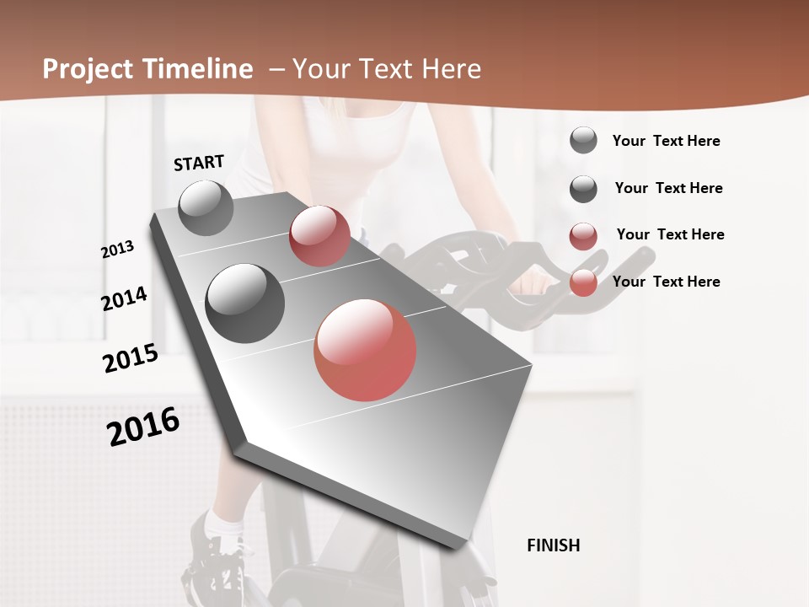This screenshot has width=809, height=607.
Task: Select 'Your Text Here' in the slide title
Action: pyautogui.click(x=386, y=69)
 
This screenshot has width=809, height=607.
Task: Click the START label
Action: pyautogui.click(x=199, y=163)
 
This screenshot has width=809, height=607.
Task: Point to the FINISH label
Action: pyautogui.click(x=553, y=545)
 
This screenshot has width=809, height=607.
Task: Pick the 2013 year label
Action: pyautogui.click(x=117, y=250)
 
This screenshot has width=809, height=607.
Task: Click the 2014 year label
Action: pyautogui.click(x=124, y=299)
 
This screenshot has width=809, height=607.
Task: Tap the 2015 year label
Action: pyautogui.click(x=130, y=358)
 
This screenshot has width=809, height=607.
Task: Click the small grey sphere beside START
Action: pyautogui.click(x=206, y=207)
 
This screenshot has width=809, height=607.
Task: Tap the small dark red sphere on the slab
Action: pyautogui.click(x=319, y=235)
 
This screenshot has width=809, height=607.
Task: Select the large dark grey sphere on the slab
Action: pyautogui.click(x=244, y=303)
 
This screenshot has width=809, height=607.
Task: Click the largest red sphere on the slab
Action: pyautogui.click(x=365, y=349)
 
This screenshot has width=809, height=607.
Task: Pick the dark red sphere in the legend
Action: pyautogui.click(x=583, y=236)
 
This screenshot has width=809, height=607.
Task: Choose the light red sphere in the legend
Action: pyautogui.click(x=583, y=282)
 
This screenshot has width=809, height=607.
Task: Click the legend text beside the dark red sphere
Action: pyautogui.click(x=670, y=234)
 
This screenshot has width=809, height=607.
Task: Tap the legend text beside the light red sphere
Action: pyautogui.click(x=666, y=282)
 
